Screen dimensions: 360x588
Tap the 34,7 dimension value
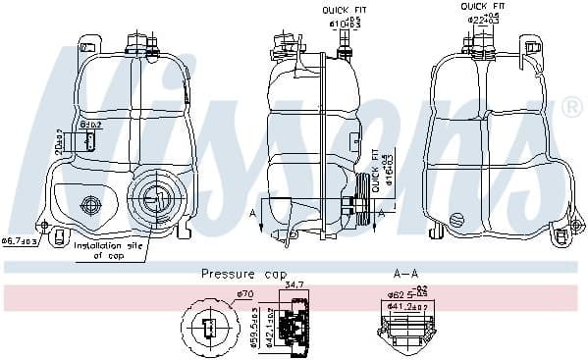294,283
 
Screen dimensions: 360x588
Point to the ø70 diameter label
244,293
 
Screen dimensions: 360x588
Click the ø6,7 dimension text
19,239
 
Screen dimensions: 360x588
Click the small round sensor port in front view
92,205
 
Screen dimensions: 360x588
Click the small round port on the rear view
457,218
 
